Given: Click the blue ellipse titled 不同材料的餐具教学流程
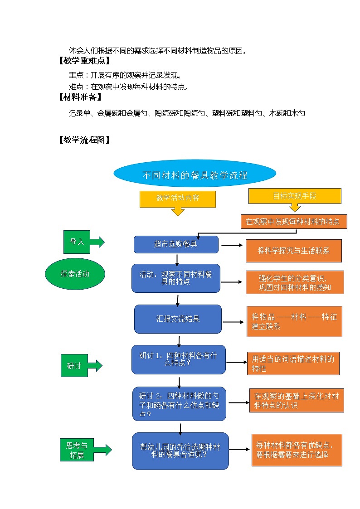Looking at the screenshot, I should click(195, 175).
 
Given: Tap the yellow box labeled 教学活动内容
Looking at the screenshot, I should click(177, 199).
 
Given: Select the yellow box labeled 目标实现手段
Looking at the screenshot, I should click(294, 196).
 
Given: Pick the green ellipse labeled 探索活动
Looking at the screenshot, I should click(75, 274).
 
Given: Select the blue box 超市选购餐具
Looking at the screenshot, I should click(176, 244).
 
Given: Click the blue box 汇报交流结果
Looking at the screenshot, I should click(178, 319).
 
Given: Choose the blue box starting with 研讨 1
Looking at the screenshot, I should click(178, 359).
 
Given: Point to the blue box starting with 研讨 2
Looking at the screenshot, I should click(179, 403).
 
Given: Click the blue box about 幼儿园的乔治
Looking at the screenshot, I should click(180, 451).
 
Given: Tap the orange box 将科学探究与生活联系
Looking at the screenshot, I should click(293, 251).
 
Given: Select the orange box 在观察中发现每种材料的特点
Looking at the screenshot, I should click(293, 222).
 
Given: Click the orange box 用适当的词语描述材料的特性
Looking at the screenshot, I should click(293, 364).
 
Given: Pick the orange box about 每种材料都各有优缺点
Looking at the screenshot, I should click(297, 450).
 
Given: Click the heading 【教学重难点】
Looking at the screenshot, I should click(84, 61).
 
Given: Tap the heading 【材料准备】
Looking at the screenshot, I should click(80, 97).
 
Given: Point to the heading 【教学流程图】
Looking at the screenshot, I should click(84, 140).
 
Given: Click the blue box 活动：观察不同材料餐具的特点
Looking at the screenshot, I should click(175, 278).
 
